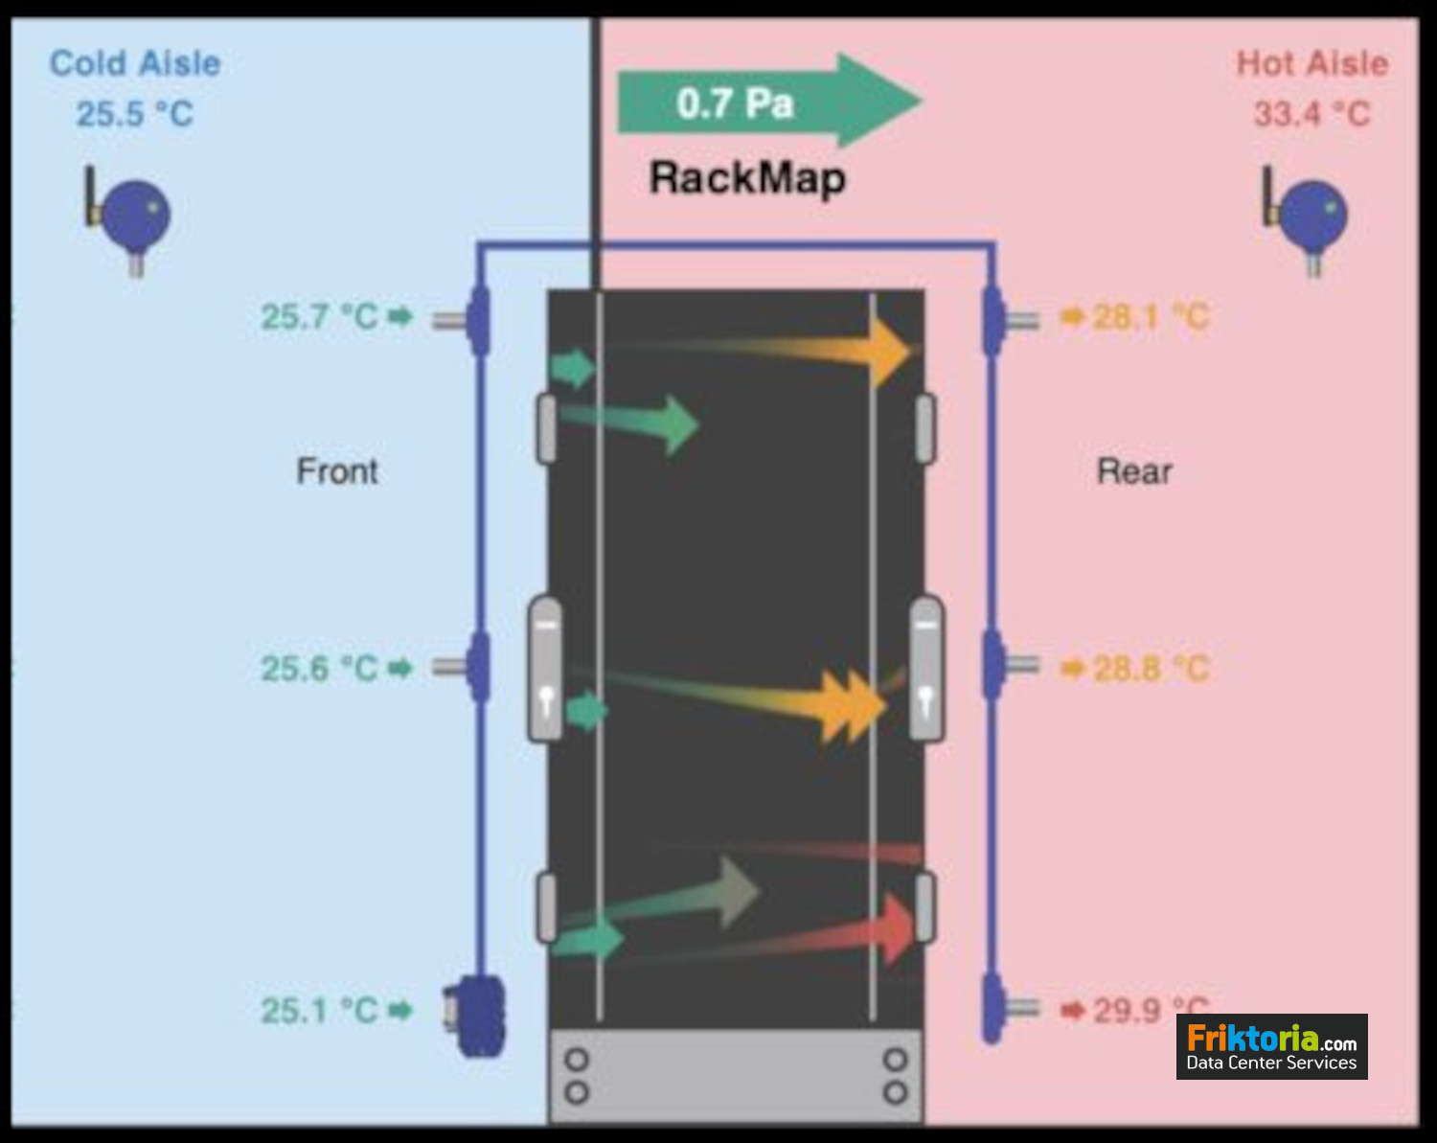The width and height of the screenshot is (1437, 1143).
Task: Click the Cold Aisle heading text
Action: (x=135, y=63)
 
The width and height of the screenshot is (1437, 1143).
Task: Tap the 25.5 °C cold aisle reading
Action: (x=135, y=114)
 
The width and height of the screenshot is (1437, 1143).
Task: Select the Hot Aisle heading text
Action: (x=1312, y=63)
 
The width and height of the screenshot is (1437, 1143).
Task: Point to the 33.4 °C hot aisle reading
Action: (x=1312, y=114)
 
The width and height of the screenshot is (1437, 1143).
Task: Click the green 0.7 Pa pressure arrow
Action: (x=766, y=102)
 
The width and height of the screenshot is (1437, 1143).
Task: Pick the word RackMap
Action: (x=747, y=178)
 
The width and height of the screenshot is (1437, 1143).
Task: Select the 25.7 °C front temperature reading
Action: (x=320, y=316)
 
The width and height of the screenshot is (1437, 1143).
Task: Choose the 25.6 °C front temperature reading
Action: (x=320, y=668)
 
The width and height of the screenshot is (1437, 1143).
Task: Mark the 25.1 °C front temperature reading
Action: (x=320, y=1010)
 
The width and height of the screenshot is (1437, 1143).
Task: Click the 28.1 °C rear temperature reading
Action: (x=1151, y=316)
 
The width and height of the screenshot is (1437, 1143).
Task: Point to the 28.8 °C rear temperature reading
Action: (x=1151, y=668)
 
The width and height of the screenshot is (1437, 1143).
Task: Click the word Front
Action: (x=337, y=471)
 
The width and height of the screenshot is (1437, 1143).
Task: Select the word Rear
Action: (x=1134, y=471)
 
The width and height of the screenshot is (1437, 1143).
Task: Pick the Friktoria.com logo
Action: (x=1271, y=1046)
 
